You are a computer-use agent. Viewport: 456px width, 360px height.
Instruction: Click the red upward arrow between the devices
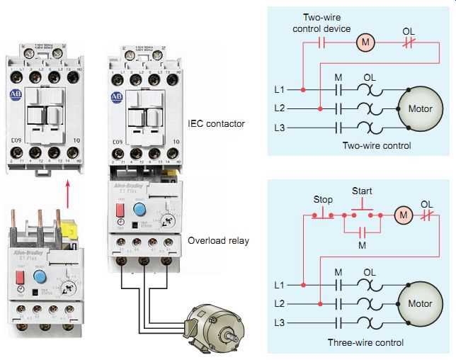[x=67, y=193]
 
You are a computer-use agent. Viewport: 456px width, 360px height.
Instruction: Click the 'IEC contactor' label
[x=216, y=124]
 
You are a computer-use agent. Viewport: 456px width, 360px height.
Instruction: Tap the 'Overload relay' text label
[x=219, y=240]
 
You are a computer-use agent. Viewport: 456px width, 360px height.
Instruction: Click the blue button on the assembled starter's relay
[x=139, y=209]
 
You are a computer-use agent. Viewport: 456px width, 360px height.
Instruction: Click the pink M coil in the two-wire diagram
[x=365, y=42]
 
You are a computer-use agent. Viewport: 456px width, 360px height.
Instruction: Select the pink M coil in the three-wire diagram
[x=402, y=214]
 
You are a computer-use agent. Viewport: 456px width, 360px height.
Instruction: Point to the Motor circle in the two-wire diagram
[x=420, y=109]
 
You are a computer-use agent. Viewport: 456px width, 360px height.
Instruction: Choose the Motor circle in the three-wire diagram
[x=420, y=304]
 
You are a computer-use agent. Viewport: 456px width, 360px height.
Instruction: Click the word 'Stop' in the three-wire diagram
[x=323, y=200]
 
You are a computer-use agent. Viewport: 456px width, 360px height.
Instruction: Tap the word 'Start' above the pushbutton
[x=363, y=191]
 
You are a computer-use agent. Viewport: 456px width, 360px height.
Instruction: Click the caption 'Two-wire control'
[x=376, y=146]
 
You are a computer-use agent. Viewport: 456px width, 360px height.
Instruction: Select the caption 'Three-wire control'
[x=365, y=342]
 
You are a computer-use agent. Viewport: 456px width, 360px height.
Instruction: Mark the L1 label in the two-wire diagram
[x=280, y=90]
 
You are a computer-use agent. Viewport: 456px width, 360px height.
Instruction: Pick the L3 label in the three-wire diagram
[x=280, y=323]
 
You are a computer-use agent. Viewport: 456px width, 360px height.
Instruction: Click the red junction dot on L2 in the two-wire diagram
[x=321, y=108]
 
